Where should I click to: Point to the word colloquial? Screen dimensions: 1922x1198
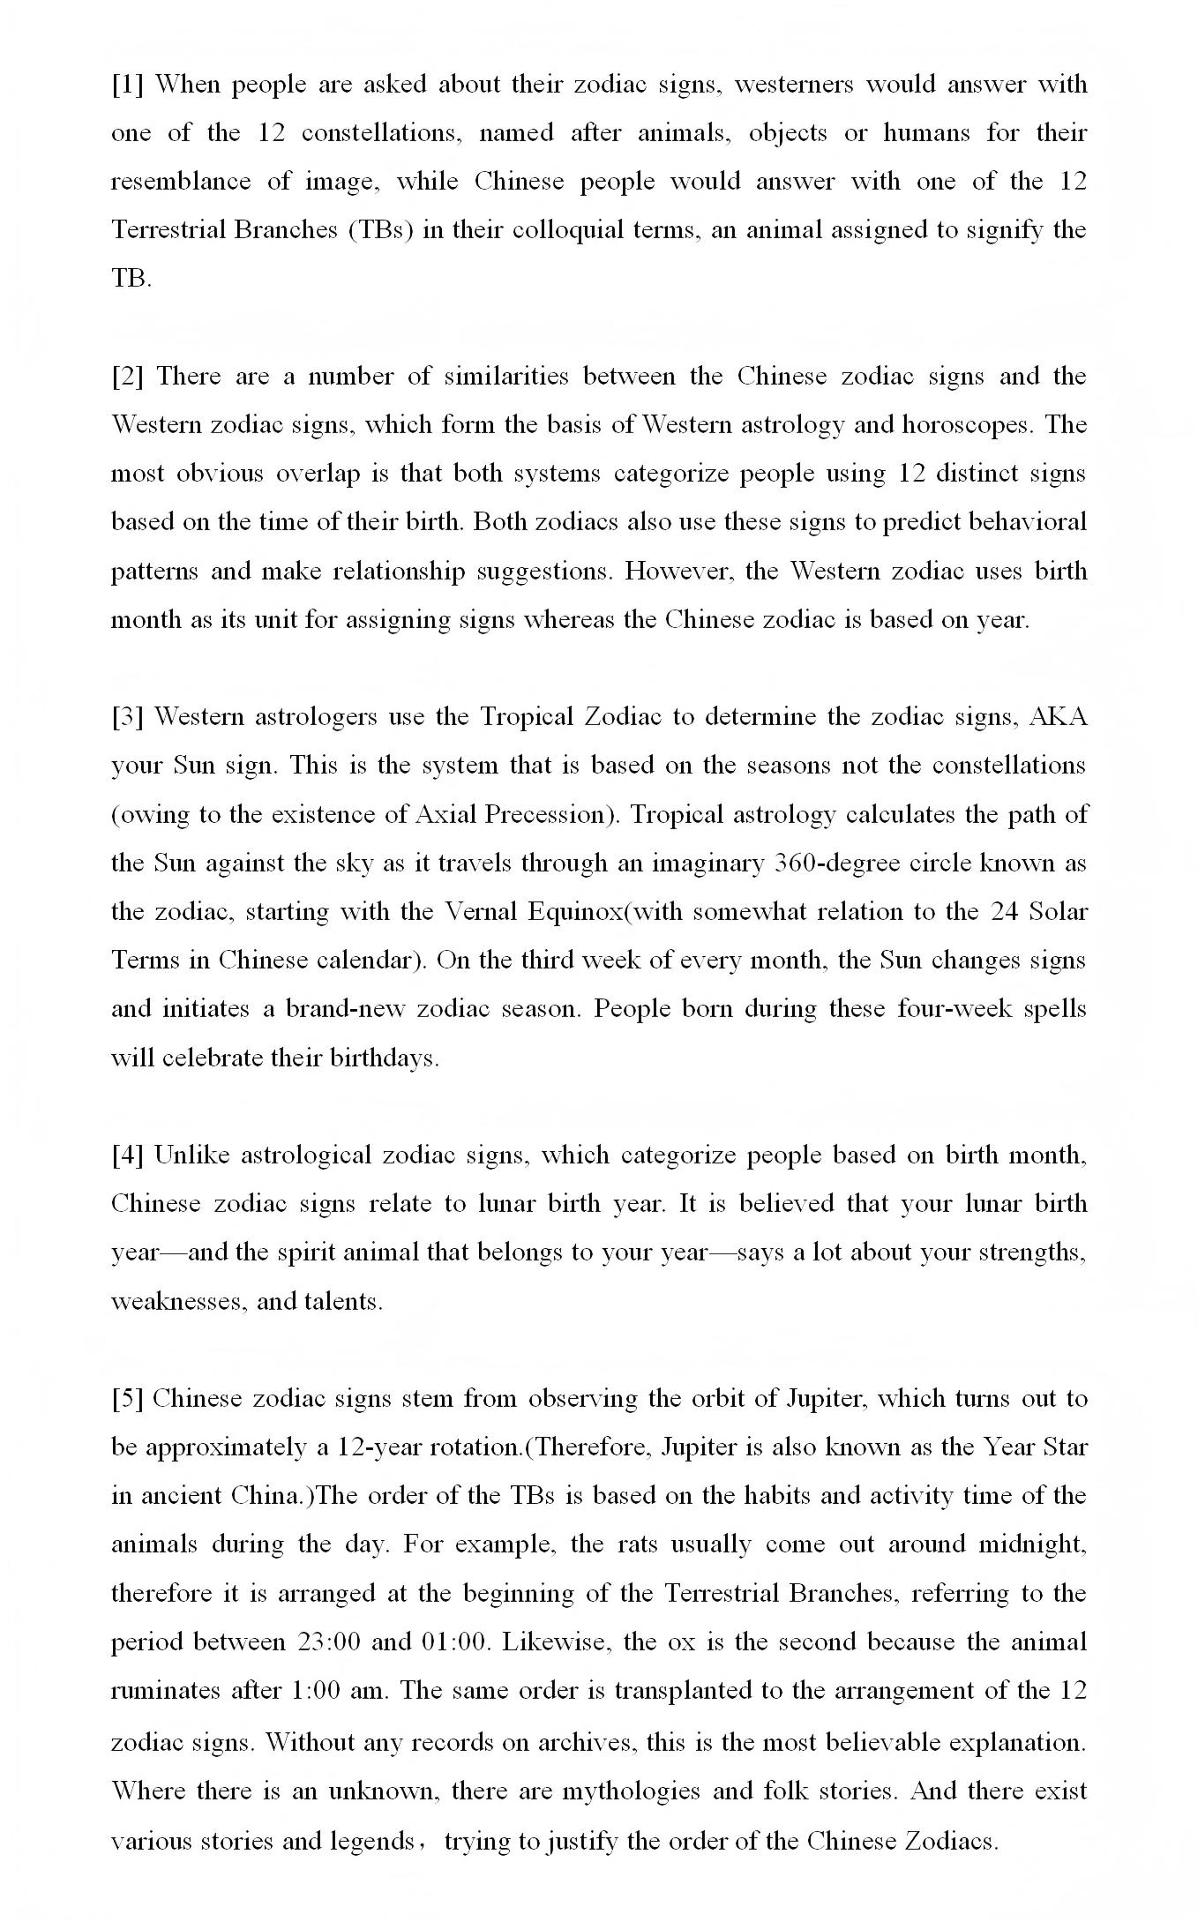coord(569,230)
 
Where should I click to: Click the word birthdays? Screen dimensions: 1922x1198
coord(383,1058)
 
